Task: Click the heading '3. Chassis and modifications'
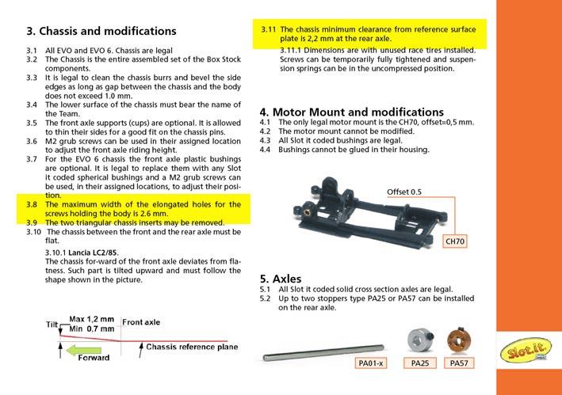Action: tap(101, 31)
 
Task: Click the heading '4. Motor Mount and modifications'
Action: tap(352, 112)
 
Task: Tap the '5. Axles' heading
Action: tap(281, 279)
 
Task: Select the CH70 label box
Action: tap(455, 241)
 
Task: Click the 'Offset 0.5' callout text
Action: tap(404, 192)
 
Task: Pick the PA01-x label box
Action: tap(371, 363)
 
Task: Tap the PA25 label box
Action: tap(420, 363)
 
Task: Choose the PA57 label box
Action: tap(459, 363)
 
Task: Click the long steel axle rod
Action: tap(323, 352)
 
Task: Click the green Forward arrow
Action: tap(84, 351)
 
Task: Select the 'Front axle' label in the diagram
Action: tap(141, 322)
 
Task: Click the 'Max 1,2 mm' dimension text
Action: tap(92, 319)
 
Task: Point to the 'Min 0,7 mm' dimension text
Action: tap(92, 329)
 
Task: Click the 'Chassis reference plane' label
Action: tap(192, 347)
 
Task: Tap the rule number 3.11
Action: tap(269, 29)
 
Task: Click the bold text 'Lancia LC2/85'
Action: tap(93, 253)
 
